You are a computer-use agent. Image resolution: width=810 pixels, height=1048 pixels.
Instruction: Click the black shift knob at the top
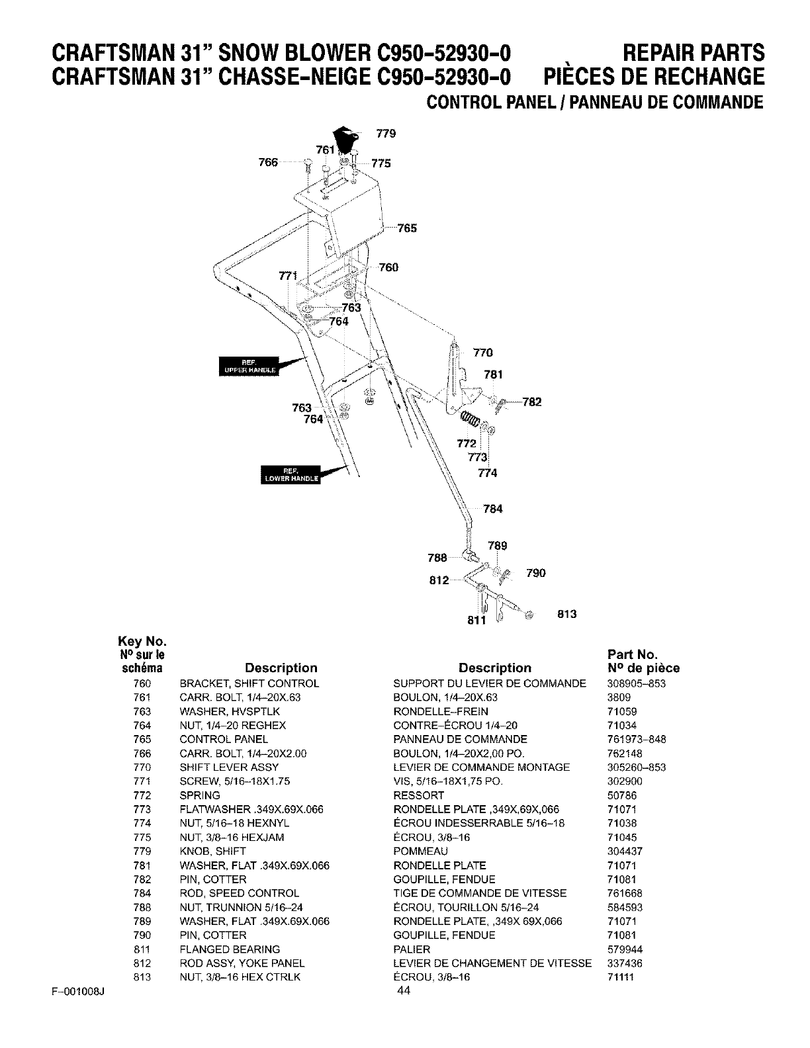[x=344, y=138]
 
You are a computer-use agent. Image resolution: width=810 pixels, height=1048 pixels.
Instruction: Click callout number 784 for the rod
[x=493, y=509]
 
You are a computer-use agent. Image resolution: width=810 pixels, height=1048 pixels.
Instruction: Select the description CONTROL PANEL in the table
[x=224, y=739]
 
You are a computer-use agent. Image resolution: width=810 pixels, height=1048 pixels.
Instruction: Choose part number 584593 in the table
[x=625, y=907]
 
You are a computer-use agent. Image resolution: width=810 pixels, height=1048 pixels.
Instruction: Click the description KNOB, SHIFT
[x=212, y=851]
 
